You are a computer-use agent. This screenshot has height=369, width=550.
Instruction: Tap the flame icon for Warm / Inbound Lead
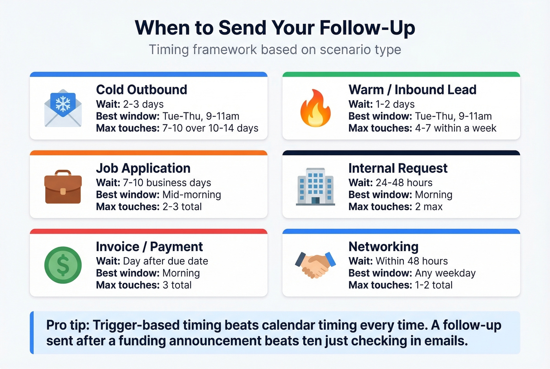(315, 108)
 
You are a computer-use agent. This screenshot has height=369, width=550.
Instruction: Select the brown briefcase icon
(63, 187)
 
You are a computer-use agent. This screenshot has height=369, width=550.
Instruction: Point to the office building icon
(315, 187)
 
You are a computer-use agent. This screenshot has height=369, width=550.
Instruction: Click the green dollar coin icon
(63, 265)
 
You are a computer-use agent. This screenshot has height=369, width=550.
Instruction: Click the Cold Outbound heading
(141, 90)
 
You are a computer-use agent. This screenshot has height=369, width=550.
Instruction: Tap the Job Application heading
(143, 168)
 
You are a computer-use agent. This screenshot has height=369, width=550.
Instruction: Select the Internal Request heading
(398, 168)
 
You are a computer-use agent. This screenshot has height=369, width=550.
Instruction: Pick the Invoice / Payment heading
(149, 247)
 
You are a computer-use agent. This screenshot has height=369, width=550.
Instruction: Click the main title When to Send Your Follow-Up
(275, 28)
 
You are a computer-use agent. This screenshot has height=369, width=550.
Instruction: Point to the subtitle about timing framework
(275, 50)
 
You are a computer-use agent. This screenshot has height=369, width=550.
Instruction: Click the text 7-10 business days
(167, 183)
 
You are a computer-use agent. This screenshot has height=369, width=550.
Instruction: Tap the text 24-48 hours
(404, 183)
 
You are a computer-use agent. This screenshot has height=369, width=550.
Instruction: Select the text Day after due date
(165, 261)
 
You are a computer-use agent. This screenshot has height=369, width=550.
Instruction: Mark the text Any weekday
(445, 273)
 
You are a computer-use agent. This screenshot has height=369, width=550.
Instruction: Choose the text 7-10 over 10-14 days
(210, 128)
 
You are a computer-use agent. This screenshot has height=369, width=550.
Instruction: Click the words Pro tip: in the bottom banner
(68, 325)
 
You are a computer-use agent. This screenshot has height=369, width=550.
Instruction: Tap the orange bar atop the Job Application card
(148, 153)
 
